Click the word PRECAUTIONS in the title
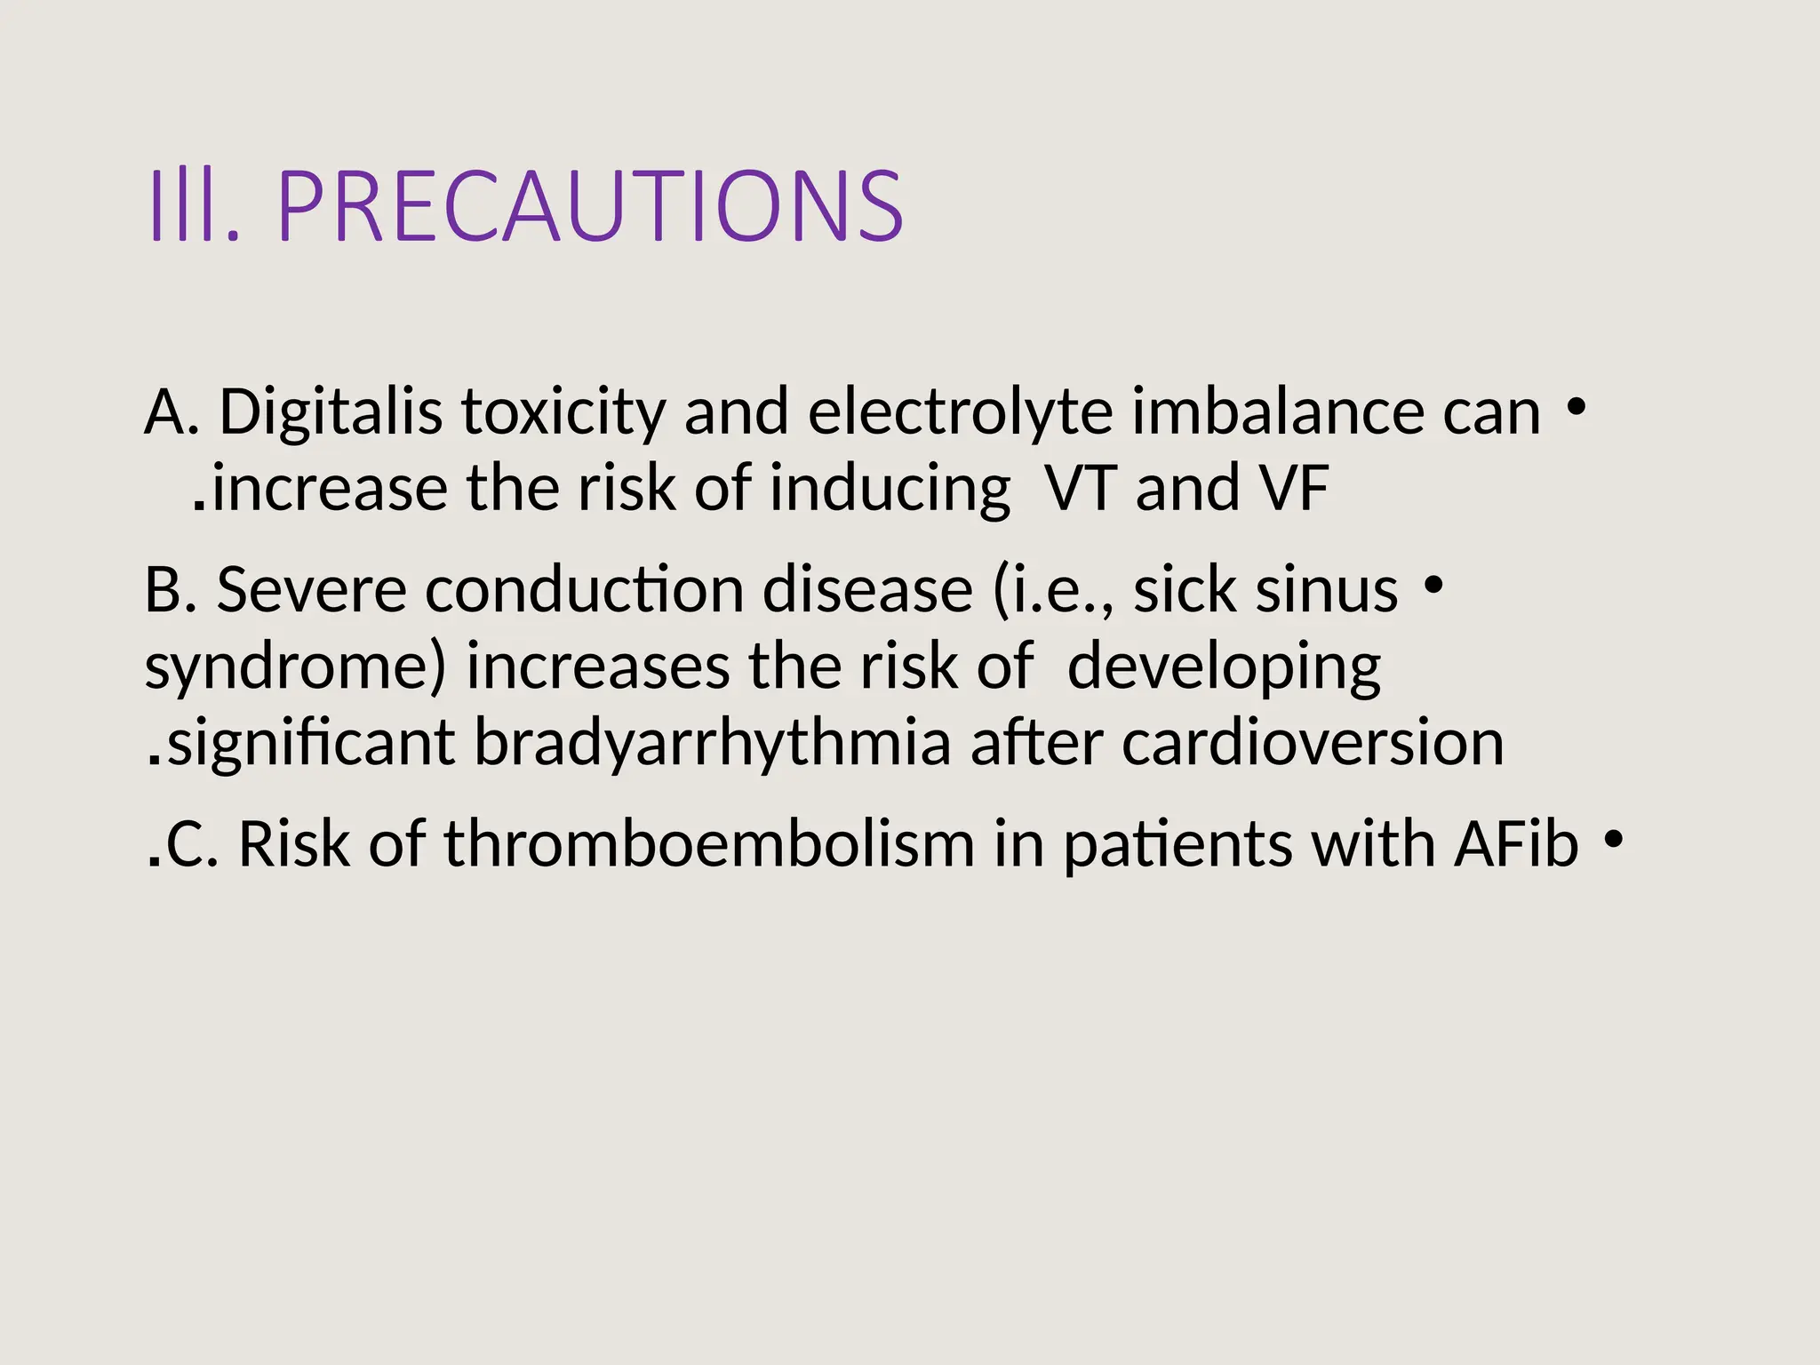[x=590, y=207]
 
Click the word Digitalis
[x=331, y=413]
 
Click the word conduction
[x=584, y=590]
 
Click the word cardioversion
[x=1313, y=743]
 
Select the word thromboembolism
[x=709, y=843]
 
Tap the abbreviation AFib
[x=1516, y=843]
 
